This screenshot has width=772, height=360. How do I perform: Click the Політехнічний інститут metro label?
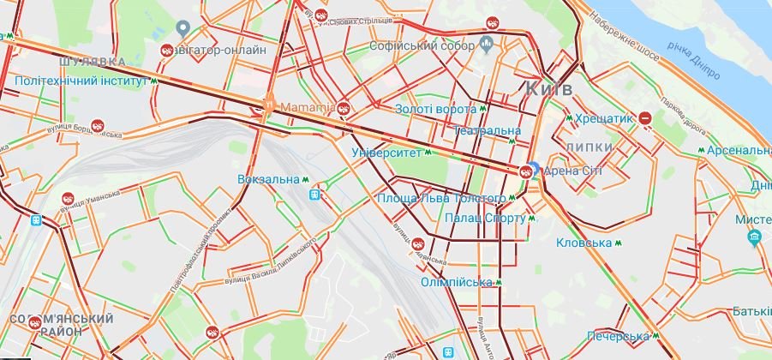click(81, 82)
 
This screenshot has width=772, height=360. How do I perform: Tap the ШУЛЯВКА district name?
click(93, 62)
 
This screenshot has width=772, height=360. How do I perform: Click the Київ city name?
click(548, 88)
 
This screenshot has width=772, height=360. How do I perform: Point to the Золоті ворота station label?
click(435, 110)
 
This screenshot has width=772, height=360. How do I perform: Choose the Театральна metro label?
click(487, 130)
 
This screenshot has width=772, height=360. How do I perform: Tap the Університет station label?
click(387, 153)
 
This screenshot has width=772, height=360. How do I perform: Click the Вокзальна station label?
click(269, 180)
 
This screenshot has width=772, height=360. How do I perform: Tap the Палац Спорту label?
click(485, 219)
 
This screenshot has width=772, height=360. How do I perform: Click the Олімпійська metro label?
click(457, 282)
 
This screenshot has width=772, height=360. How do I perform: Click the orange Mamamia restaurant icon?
click(268, 107)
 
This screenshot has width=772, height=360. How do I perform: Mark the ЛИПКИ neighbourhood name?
click(589, 147)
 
